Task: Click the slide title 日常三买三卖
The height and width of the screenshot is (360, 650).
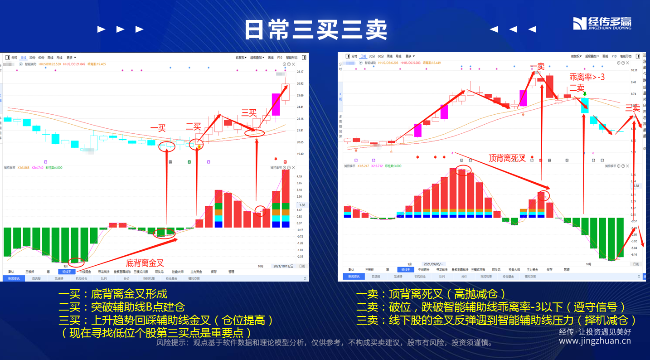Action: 315,30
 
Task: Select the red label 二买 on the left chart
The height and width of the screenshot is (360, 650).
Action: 193,126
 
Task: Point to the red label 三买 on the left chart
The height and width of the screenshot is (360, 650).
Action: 249,112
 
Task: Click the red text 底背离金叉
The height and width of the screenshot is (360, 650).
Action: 145,263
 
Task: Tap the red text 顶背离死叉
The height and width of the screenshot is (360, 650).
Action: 507,158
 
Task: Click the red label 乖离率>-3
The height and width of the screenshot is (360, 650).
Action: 587,78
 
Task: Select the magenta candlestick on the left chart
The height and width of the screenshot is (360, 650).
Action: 276,105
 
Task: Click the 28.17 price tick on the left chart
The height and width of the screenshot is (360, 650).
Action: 300,72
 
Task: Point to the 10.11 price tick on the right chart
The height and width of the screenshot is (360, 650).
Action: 633,71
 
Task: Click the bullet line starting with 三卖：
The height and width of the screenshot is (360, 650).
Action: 496,320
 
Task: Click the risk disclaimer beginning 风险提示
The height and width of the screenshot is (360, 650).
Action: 325,343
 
